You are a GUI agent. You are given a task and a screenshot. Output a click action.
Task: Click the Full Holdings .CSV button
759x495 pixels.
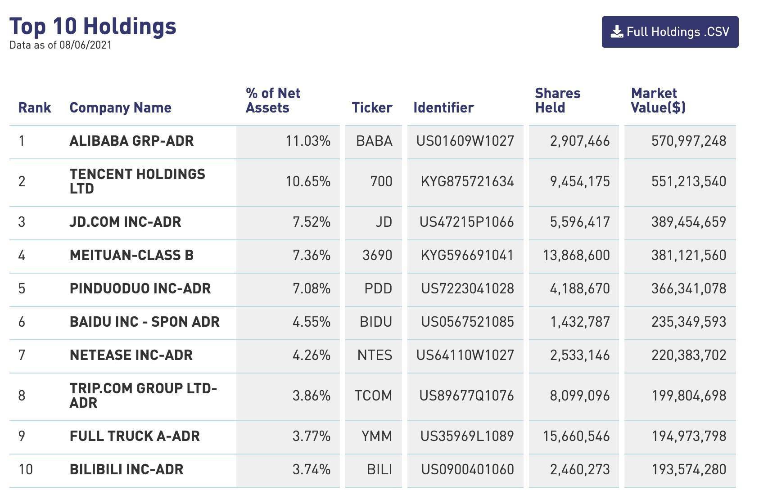click(670, 32)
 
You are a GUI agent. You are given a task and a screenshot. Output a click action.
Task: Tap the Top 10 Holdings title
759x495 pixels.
click(93, 26)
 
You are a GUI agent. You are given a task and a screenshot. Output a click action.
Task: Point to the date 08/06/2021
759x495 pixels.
click(85, 45)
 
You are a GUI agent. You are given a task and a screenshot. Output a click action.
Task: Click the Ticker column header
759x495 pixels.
click(372, 108)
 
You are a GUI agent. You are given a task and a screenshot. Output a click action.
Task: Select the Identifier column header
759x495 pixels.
click(443, 108)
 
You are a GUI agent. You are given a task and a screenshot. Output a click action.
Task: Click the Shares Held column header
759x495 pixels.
click(557, 100)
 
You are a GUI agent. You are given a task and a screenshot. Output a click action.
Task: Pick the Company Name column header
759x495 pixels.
click(120, 108)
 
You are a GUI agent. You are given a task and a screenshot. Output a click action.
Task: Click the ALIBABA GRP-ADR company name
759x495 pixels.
click(131, 141)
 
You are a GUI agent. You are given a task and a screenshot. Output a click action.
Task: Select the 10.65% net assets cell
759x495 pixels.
click(308, 181)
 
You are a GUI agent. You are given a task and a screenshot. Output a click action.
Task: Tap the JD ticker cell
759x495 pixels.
click(384, 222)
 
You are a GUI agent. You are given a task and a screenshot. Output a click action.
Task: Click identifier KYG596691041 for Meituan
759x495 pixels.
click(467, 255)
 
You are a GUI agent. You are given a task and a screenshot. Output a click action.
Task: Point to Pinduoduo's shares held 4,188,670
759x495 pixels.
click(579, 288)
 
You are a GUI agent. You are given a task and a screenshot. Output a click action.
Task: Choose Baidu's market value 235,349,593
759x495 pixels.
click(688, 322)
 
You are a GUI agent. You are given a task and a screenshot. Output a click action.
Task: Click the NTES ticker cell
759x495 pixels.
click(375, 355)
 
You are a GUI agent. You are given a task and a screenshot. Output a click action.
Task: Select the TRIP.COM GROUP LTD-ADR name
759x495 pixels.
click(143, 395)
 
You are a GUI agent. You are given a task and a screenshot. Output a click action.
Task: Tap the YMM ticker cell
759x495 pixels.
click(376, 436)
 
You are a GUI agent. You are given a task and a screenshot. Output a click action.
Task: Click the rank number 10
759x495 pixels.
click(26, 469)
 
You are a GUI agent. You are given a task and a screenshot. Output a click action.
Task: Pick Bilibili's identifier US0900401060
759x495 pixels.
click(467, 469)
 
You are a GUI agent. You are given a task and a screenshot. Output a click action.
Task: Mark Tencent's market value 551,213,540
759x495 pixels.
click(688, 181)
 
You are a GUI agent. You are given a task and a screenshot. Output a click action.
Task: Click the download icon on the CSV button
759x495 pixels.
click(617, 32)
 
